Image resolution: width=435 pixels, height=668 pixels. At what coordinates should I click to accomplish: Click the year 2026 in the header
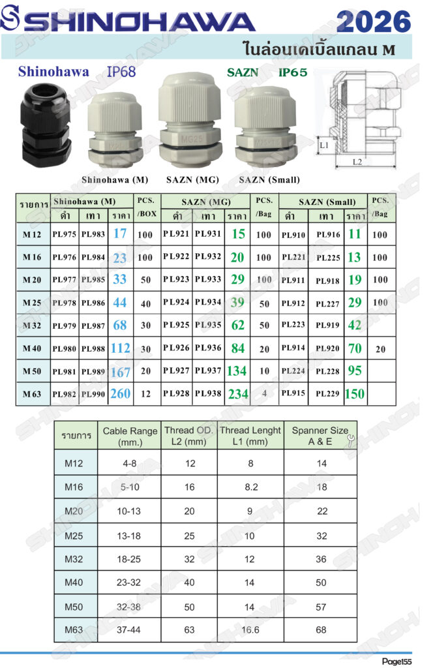pyautogui.click(x=374, y=22)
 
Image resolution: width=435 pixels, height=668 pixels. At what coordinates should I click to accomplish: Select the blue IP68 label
pyautogui.click(x=121, y=72)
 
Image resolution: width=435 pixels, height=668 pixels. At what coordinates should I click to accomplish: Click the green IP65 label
pyautogui.click(x=293, y=72)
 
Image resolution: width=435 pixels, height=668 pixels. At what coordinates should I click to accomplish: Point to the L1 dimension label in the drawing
pyautogui.click(x=324, y=145)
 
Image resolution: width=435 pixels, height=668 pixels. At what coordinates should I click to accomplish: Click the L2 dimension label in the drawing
pyautogui.click(x=357, y=162)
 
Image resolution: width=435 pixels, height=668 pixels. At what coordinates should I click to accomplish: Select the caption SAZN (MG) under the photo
pyautogui.click(x=192, y=180)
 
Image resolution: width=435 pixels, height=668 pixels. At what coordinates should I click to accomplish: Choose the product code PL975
pyautogui.click(x=65, y=234)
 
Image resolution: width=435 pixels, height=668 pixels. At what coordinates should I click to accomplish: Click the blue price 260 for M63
pyautogui.click(x=121, y=393)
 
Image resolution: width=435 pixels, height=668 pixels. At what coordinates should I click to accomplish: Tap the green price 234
pyautogui.click(x=238, y=394)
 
